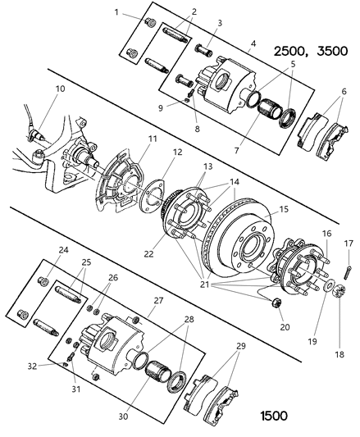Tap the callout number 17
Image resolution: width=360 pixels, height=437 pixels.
(x=349, y=244)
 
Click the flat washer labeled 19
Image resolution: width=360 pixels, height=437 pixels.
(x=329, y=289)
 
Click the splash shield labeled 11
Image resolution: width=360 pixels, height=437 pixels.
(x=123, y=184)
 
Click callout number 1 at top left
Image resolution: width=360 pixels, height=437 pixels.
(x=117, y=11)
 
